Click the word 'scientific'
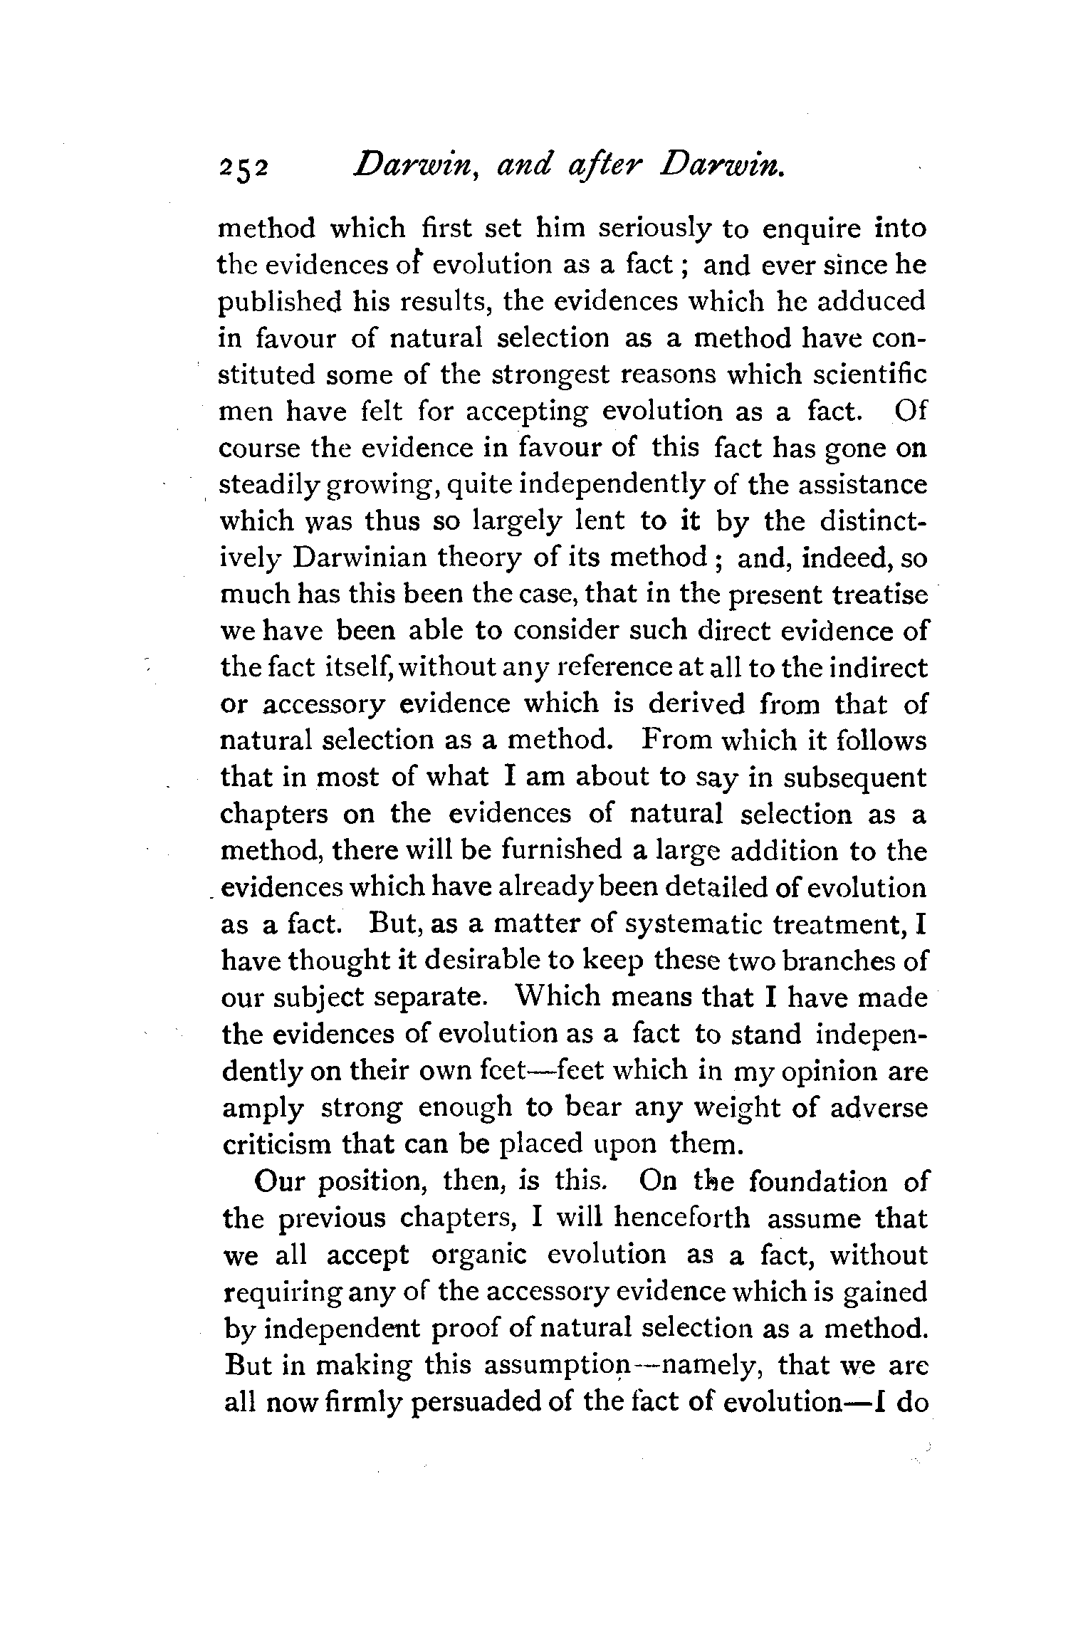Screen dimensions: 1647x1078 point(859,375)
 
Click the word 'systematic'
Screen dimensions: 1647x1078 point(690,924)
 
